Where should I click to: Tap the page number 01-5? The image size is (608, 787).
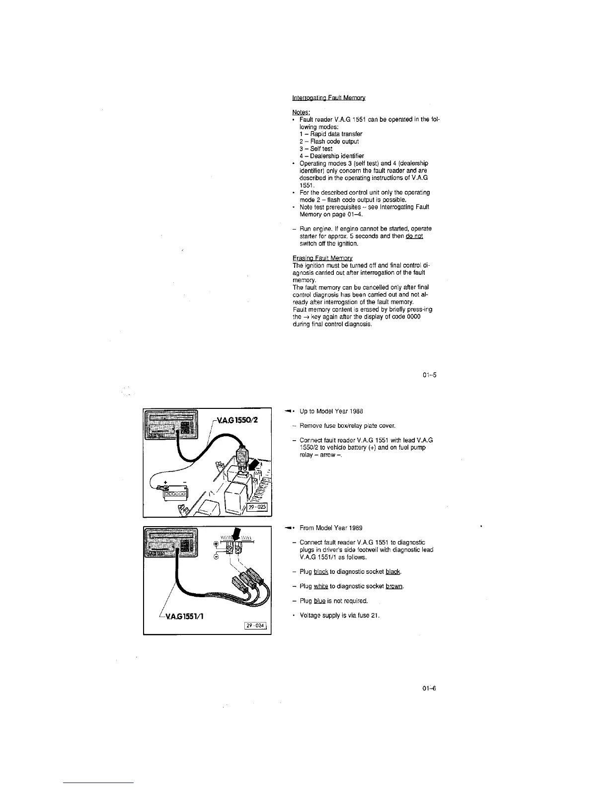(x=430, y=375)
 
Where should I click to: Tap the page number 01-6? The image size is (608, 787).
(x=430, y=689)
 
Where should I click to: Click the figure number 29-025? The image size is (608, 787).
(x=257, y=507)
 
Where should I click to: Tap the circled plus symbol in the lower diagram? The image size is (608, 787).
(x=216, y=543)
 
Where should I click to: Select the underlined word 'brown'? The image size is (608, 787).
(x=394, y=586)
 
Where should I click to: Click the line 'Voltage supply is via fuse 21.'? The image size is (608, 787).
(x=340, y=616)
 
